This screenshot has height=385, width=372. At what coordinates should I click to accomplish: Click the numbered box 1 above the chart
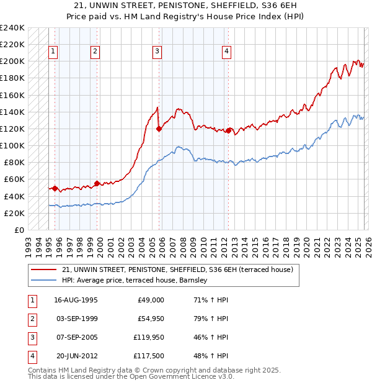coord(54,52)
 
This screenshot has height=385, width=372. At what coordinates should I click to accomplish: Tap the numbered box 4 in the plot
coord(227,52)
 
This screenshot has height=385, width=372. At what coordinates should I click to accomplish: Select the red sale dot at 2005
coord(159,129)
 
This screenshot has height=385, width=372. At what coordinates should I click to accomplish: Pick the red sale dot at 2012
coord(228,131)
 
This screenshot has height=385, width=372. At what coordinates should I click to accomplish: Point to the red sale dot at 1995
coord(55,188)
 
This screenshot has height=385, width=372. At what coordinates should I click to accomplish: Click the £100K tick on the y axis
coord(12,145)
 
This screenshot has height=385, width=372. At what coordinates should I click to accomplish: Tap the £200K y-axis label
coord(12,61)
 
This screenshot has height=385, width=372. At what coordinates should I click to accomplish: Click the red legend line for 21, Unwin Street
coord(43,269)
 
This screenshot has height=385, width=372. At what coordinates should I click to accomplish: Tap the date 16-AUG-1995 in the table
coord(76,300)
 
